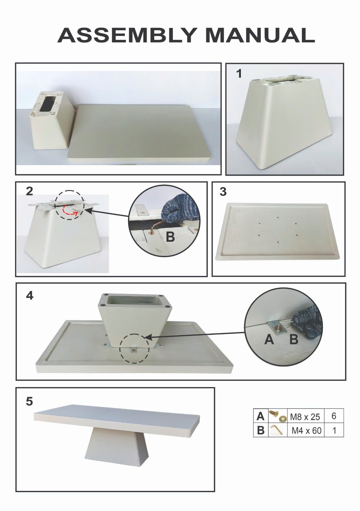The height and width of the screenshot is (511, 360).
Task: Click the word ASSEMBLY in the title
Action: (127, 35)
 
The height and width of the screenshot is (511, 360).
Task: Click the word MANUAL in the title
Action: (260, 35)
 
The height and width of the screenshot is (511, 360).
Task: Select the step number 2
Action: (29, 191)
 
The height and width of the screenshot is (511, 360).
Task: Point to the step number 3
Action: (223, 192)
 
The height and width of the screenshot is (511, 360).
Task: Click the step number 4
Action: (30, 296)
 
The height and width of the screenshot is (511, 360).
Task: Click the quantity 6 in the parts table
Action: (334, 416)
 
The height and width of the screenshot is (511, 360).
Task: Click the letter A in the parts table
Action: (260, 416)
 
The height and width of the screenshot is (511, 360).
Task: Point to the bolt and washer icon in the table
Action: (277, 416)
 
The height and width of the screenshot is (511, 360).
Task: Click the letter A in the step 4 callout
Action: (269, 340)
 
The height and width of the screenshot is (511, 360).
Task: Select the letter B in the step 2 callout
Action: (170, 237)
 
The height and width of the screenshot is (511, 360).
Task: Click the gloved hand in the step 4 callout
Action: (308, 322)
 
